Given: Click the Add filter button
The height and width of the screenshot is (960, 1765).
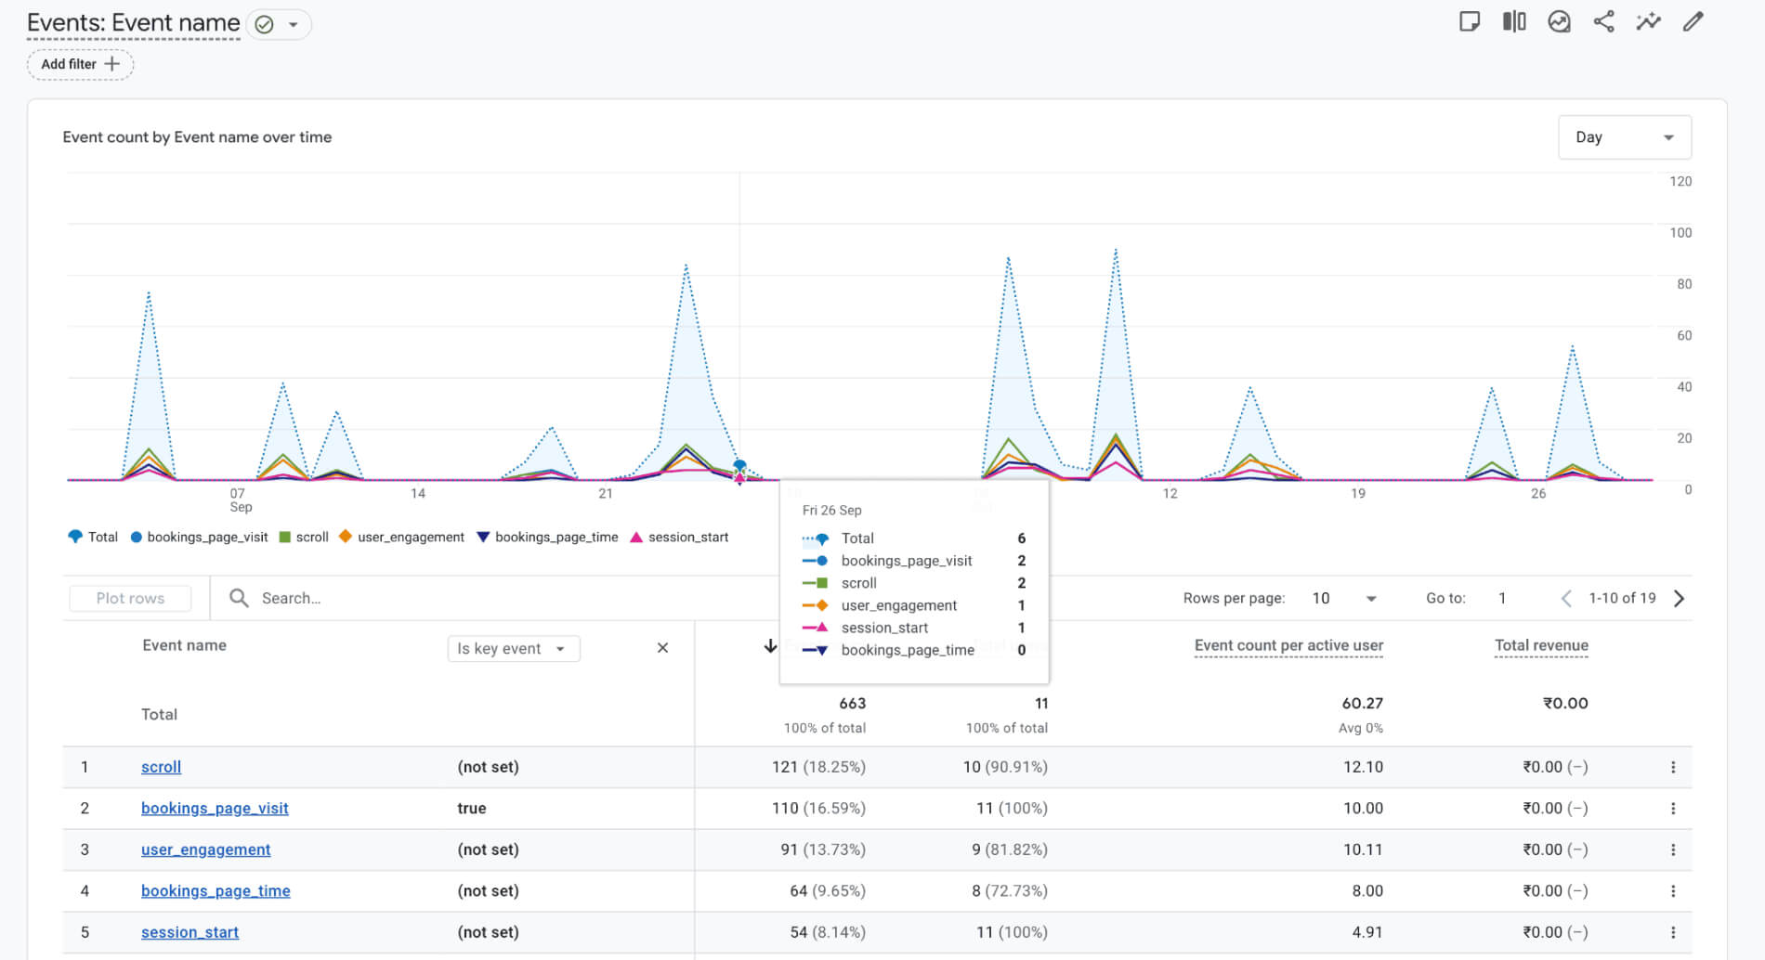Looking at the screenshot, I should point(80,64).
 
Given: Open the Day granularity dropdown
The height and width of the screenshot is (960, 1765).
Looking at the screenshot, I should point(1624,137).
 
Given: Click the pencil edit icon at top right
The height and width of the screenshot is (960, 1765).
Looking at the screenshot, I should point(1693,21).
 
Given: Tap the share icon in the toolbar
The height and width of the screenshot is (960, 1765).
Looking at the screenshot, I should point(1603,21).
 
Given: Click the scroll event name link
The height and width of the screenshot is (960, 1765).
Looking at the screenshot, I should point(161,767).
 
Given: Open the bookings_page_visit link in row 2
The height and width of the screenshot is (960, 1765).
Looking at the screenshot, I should point(215,808).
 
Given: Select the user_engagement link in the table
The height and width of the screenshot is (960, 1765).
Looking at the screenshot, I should point(205,850).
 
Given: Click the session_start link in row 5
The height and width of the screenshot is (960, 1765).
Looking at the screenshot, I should point(190,932).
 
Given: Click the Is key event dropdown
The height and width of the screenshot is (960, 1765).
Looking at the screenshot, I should point(513,648).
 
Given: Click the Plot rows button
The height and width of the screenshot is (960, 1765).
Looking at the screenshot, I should point(130,598).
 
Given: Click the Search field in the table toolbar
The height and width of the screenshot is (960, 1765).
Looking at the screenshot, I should point(372,598).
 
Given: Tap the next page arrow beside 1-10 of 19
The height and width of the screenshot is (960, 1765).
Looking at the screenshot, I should point(1679,598).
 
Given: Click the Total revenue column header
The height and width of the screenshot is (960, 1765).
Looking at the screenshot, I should point(1540,645).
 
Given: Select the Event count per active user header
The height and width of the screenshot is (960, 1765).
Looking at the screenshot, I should point(1288,645).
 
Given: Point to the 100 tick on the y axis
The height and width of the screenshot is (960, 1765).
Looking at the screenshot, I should point(1680,233).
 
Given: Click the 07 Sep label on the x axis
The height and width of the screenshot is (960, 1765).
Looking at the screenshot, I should point(240,499).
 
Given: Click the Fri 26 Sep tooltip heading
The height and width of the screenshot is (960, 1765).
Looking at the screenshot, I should point(831,510).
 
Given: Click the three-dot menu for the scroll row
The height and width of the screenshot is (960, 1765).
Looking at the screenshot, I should point(1672,767).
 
